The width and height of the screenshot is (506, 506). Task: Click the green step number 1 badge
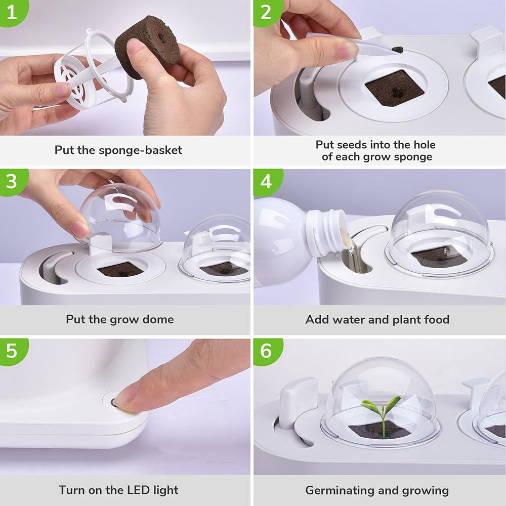pyautogui.click(x=11, y=12)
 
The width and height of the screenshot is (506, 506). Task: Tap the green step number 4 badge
pyautogui.click(x=266, y=181)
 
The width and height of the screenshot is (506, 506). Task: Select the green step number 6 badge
pyautogui.click(x=266, y=350)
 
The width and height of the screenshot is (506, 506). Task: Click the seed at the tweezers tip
pyautogui.click(x=399, y=50)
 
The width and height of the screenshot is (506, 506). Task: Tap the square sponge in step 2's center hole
pyautogui.click(x=394, y=88)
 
